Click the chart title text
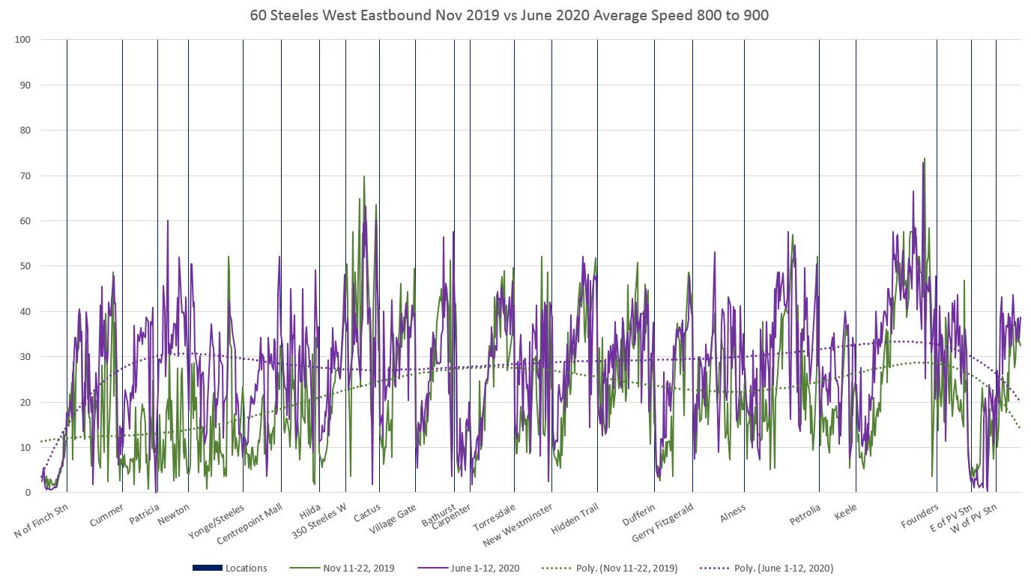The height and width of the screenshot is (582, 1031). (515, 14)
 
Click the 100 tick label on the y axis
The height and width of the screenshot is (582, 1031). (22, 39)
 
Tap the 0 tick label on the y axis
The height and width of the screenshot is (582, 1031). (27, 493)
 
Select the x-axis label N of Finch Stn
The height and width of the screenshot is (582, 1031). (41, 522)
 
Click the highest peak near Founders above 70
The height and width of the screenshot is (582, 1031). (925, 159)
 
